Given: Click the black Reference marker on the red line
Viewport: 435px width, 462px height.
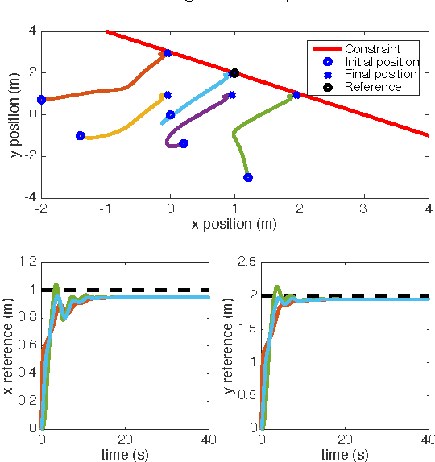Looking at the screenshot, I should tap(234, 73).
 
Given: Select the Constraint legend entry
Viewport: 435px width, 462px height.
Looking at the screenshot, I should tap(372, 48).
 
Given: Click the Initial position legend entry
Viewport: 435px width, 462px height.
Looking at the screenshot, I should tap(381, 61).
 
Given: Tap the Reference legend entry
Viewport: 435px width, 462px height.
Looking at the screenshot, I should tap(372, 87).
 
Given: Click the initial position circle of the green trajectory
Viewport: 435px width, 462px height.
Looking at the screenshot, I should tap(248, 177).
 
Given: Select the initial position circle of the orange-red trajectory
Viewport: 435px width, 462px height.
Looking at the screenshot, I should tap(42, 100).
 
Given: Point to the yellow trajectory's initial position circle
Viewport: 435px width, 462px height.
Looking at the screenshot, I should tap(81, 136).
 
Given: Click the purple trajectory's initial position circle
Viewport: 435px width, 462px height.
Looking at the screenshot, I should tap(184, 144).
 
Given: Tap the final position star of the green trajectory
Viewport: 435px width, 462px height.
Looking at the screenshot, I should tap(296, 95).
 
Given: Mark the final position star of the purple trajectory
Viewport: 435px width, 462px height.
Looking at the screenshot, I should tap(232, 95).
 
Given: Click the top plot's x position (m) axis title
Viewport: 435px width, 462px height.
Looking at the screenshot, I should tap(234, 224).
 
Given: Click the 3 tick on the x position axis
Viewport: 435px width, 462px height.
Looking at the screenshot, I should tap(363, 208).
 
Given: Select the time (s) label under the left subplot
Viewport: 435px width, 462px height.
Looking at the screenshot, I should tap(125, 455).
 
